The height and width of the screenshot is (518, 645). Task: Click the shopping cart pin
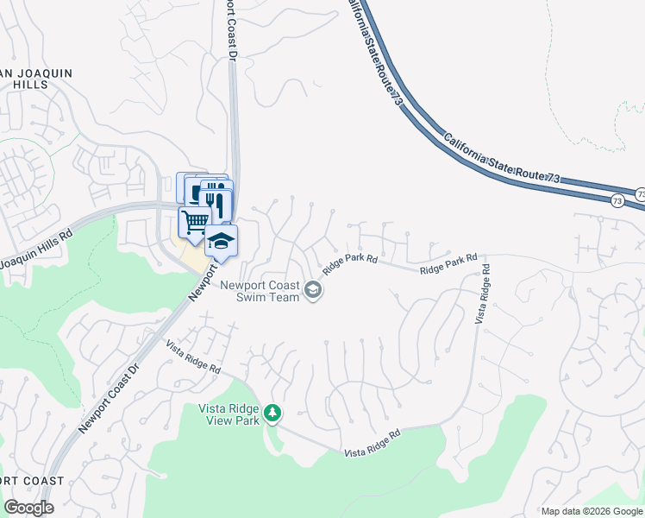[x=194, y=222]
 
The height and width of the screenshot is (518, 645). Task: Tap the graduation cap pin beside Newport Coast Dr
[x=221, y=240]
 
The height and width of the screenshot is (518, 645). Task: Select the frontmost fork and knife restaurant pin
[x=216, y=204]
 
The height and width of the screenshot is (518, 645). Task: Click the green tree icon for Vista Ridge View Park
[x=272, y=414]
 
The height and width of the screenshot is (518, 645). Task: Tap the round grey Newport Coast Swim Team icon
[x=313, y=290]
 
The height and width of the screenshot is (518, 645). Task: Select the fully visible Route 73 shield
[x=617, y=201]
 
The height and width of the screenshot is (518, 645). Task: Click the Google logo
[x=28, y=508]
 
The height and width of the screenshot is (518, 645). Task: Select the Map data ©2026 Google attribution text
[x=591, y=511]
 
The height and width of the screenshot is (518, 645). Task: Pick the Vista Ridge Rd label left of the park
[x=193, y=357]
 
